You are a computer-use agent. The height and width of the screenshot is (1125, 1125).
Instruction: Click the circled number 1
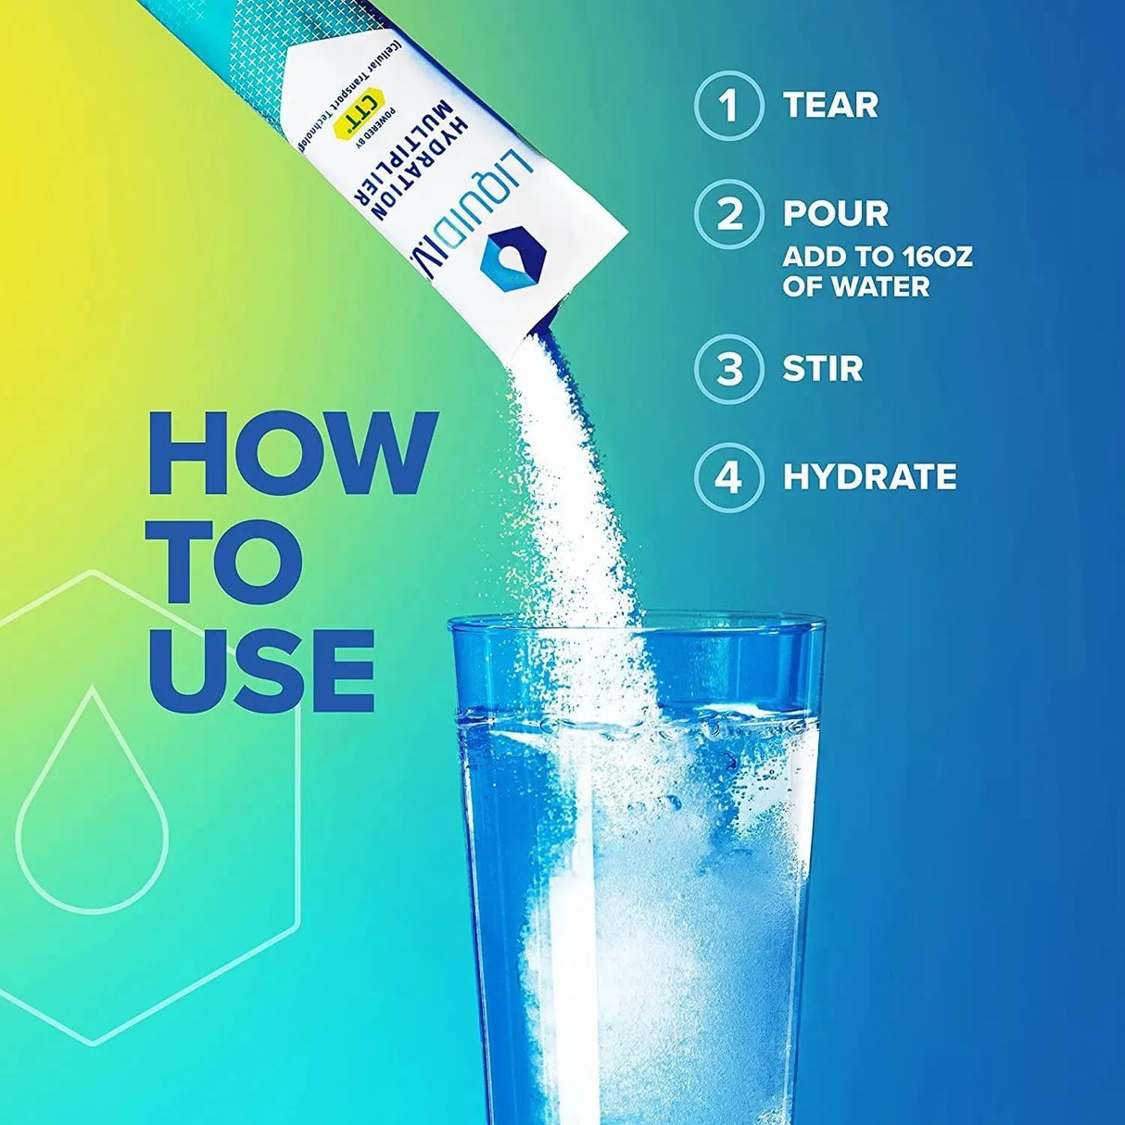click(x=729, y=106)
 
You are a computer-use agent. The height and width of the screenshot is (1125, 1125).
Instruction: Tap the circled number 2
click(x=729, y=214)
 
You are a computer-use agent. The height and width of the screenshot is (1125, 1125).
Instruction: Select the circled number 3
click(x=729, y=369)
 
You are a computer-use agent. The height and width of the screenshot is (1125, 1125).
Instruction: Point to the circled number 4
click(x=729, y=477)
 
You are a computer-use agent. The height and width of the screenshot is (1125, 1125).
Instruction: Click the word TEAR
click(x=830, y=106)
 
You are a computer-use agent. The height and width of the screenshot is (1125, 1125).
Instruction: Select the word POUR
click(x=835, y=214)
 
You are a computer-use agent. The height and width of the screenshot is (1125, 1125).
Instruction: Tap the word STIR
click(x=823, y=369)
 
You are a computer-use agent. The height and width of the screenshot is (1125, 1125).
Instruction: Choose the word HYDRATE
click(x=869, y=477)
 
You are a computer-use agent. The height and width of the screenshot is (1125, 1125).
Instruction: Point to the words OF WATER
click(x=855, y=286)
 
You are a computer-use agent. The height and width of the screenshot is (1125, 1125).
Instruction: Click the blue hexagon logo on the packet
click(x=505, y=259)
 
